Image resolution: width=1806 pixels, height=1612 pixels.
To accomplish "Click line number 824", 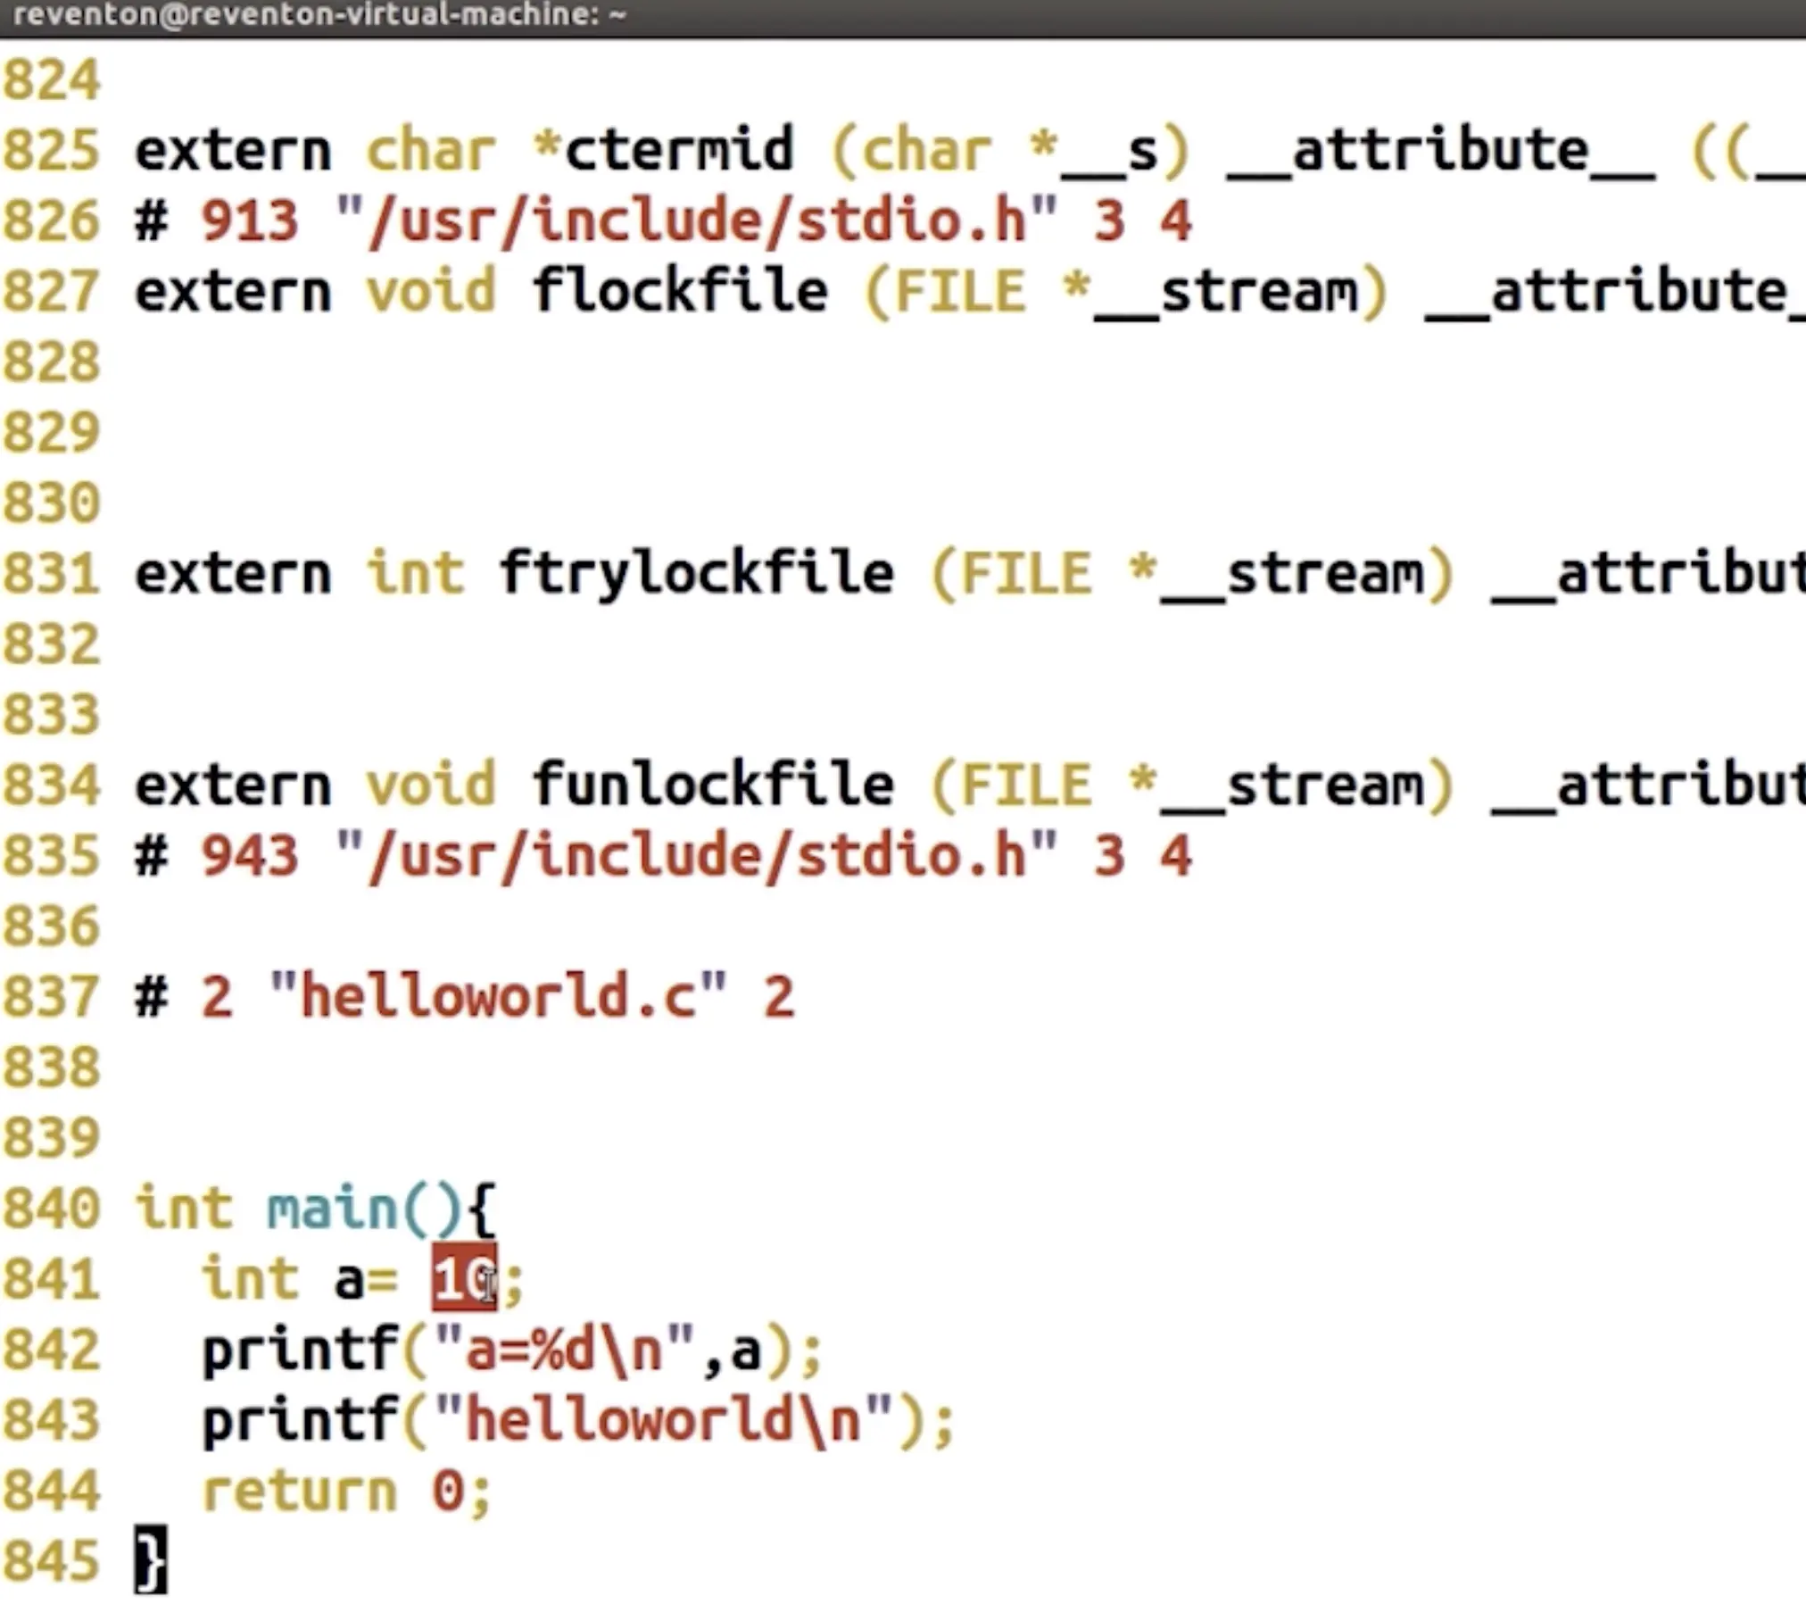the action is (x=52, y=80).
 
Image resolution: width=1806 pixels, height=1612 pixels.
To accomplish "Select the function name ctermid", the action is (x=678, y=150).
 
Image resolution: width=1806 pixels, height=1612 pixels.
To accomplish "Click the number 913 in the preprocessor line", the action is (x=249, y=220).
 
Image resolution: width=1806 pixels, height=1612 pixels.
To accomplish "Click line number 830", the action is (x=52, y=503).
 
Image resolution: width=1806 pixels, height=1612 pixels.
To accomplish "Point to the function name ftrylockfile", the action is (x=696, y=573).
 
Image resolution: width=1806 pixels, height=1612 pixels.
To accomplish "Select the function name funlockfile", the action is (x=712, y=785).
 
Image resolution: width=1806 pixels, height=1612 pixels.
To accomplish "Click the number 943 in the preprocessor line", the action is (x=249, y=855).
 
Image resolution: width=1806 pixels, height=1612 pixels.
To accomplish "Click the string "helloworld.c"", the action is (x=498, y=996).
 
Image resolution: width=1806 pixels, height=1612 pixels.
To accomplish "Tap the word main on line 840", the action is (x=332, y=1209).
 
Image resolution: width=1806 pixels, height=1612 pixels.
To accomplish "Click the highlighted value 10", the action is (x=463, y=1279).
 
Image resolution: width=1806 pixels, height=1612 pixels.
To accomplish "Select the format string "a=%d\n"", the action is (x=564, y=1350).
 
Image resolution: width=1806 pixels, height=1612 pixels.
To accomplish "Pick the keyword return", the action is (x=299, y=1491).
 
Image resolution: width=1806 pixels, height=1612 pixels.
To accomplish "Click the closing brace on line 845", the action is (x=150, y=1560).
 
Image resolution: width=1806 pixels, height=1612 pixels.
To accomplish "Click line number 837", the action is (x=52, y=996).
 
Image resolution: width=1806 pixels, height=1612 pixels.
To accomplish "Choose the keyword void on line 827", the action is (x=431, y=291).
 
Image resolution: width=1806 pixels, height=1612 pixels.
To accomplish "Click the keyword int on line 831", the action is (x=415, y=573).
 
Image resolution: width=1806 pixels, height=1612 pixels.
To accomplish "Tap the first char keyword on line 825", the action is (x=431, y=150).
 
